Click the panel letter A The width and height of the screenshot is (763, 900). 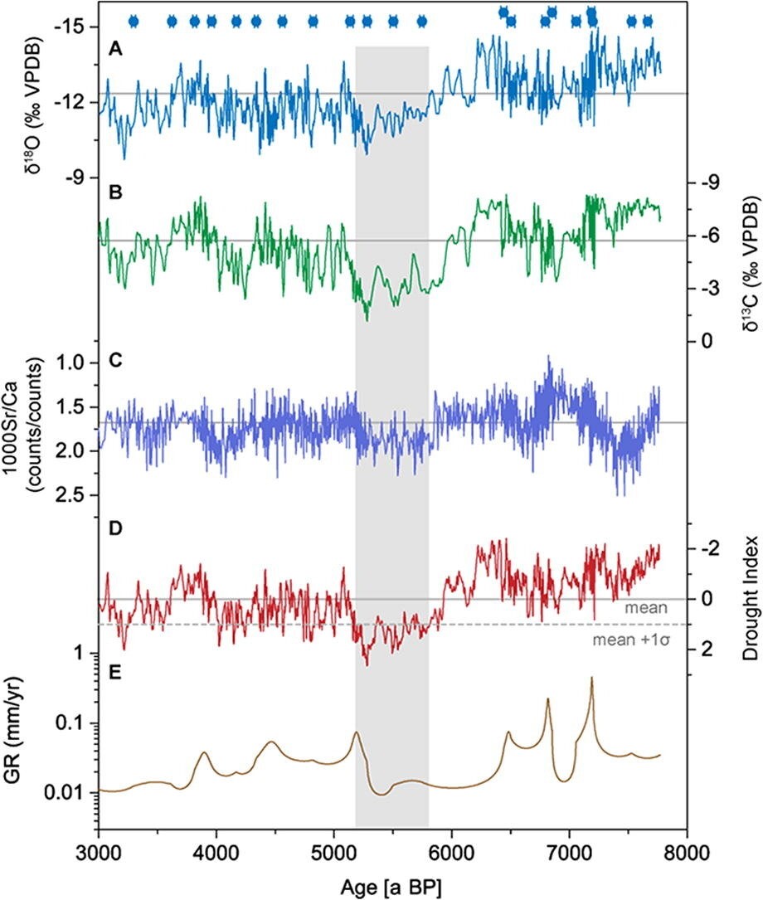pyautogui.click(x=117, y=51)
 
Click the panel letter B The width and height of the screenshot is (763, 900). pyautogui.click(x=117, y=193)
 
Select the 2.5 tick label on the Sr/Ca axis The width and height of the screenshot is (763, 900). pyautogui.click(x=71, y=495)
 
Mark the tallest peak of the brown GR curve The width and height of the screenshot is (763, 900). pyautogui.click(x=591, y=679)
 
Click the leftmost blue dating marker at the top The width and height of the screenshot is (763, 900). pyautogui.click(x=133, y=22)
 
